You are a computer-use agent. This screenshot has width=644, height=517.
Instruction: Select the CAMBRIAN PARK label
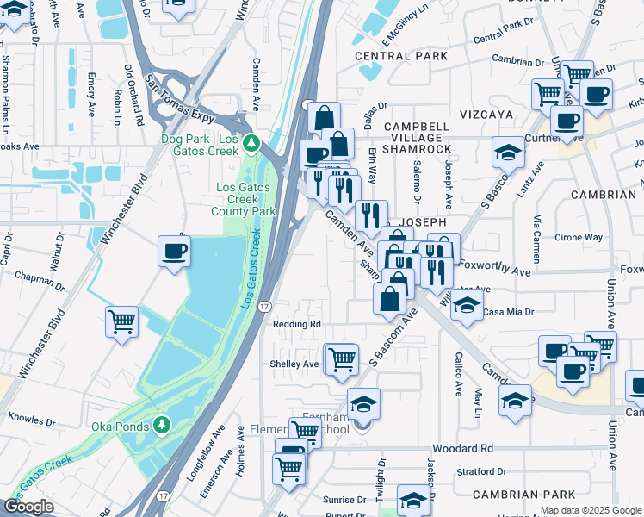coord(523,495)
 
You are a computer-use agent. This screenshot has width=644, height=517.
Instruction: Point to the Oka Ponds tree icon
coord(161,425)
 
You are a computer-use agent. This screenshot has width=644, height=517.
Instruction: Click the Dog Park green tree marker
coord(251,142)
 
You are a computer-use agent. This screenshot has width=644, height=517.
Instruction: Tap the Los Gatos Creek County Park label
coord(244,199)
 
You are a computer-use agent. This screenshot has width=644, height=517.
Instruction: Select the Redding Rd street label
coord(296,324)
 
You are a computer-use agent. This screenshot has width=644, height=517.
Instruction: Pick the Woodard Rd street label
coord(462,449)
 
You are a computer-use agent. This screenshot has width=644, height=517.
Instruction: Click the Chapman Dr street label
coord(35,277)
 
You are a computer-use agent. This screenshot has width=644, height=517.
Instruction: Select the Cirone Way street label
coord(579,237)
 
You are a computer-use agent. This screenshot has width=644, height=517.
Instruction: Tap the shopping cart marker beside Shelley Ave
coord(341,358)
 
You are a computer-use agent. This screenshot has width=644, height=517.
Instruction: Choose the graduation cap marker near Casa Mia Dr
coord(467,306)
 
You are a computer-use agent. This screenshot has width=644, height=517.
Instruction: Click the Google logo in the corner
coord(28,507)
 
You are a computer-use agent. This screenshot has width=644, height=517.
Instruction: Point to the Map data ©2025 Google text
coord(591,510)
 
